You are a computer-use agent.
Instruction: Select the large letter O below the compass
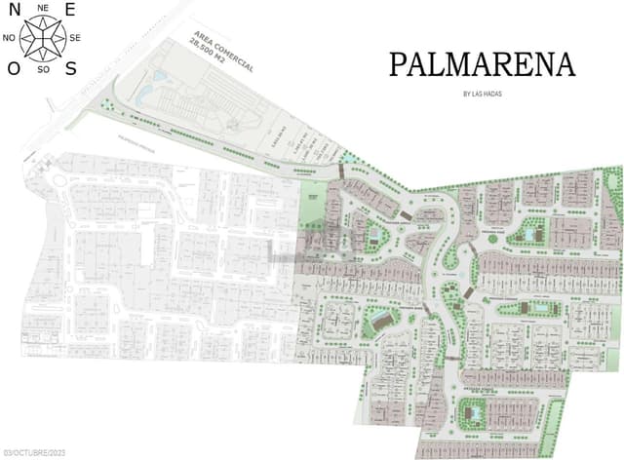click(13, 68)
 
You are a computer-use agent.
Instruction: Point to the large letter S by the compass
click(71, 68)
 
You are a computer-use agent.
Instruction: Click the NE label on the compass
click(42, 7)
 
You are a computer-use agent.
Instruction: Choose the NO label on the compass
click(9, 38)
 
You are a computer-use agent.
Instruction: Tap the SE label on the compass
click(75, 38)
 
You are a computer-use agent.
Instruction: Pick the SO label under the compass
click(42, 70)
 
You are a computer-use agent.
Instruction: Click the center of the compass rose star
click(42, 38)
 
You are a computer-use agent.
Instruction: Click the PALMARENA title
click(482, 64)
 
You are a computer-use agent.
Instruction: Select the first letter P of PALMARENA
click(398, 64)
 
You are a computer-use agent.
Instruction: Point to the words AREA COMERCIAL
click(221, 52)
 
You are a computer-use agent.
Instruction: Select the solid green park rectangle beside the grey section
click(313, 195)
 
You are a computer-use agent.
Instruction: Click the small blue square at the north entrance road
click(349, 158)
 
